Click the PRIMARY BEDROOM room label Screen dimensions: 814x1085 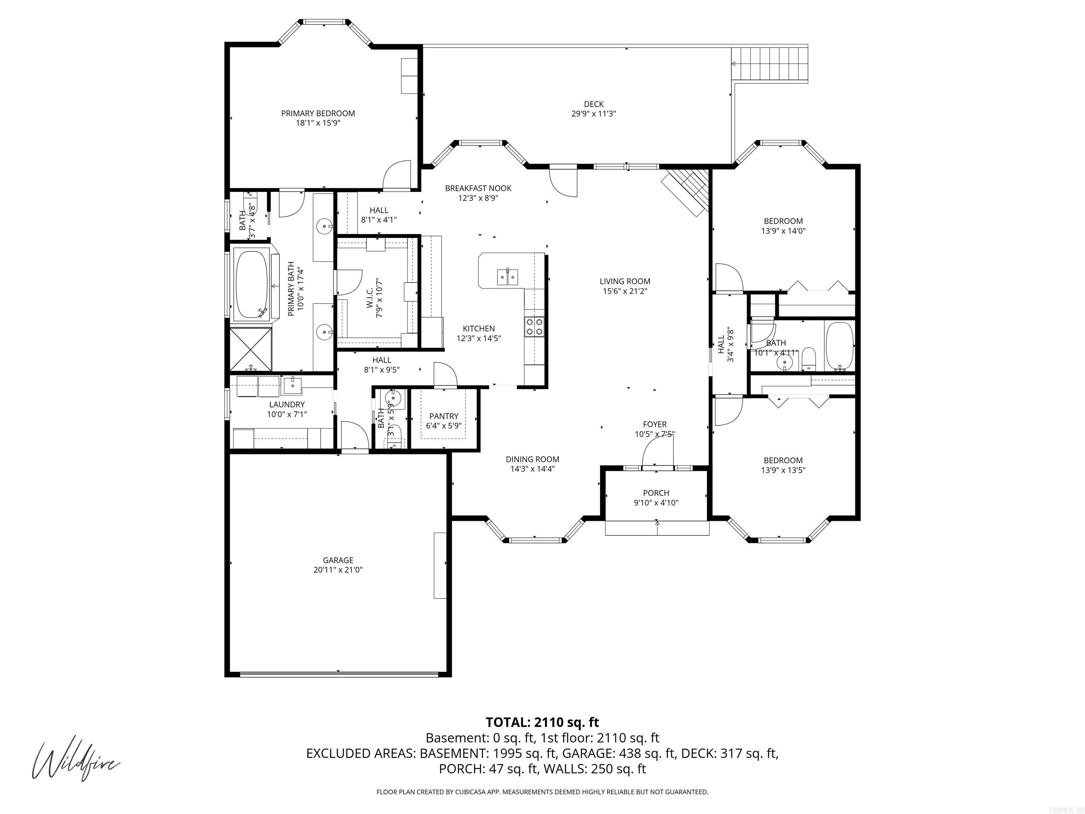(318, 113)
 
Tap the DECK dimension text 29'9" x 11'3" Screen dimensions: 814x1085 (593, 114)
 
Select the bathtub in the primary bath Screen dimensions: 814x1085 (251, 284)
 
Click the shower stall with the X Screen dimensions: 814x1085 (251, 349)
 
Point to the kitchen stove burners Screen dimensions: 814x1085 (534, 327)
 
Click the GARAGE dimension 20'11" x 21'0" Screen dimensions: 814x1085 (338, 570)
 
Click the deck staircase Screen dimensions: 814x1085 (769, 64)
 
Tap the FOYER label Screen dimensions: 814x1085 (655, 424)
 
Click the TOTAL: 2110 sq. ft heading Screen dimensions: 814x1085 (542, 722)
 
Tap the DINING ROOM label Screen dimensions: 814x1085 (532, 459)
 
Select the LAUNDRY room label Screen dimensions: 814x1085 (286, 405)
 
